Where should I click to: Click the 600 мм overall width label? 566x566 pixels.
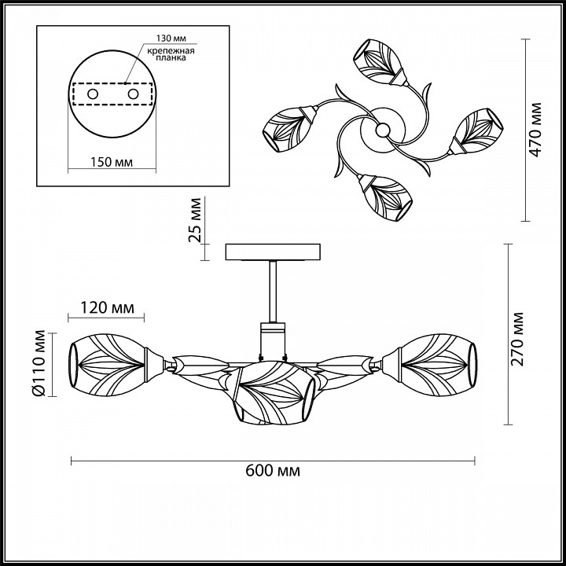(x=273, y=471)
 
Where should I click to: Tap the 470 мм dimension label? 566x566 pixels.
(x=535, y=130)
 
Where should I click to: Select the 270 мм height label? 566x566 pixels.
(x=517, y=340)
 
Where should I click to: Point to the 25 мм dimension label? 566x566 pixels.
(x=195, y=220)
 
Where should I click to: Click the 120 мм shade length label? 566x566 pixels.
(x=107, y=308)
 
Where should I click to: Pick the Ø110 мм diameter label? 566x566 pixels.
(x=39, y=363)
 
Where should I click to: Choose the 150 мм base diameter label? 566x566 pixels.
(x=111, y=162)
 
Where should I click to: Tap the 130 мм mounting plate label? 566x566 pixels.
(x=171, y=38)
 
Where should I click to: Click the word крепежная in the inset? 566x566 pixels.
(x=171, y=50)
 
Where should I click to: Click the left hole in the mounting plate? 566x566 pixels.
(x=93, y=94)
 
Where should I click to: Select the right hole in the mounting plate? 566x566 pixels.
(x=133, y=94)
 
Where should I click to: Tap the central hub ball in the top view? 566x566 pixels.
(x=382, y=130)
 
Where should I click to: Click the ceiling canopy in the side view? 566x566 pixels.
(x=273, y=252)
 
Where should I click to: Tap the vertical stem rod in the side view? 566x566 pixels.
(x=273, y=292)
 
